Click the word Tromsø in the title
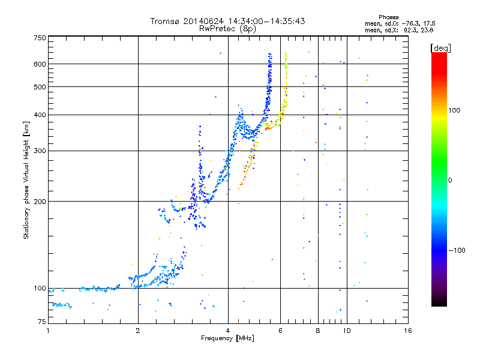(166, 21)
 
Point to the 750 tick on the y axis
(40, 38)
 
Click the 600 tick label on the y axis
(40, 64)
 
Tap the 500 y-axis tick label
(40, 87)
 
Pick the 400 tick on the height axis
(40, 115)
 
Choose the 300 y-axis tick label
(40, 151)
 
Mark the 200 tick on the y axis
(40, 202)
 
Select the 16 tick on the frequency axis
(407, 331)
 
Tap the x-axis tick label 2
(138, 331)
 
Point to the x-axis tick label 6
(280, 331)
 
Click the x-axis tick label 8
(317, 331)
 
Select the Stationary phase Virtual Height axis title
(26, 181)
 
